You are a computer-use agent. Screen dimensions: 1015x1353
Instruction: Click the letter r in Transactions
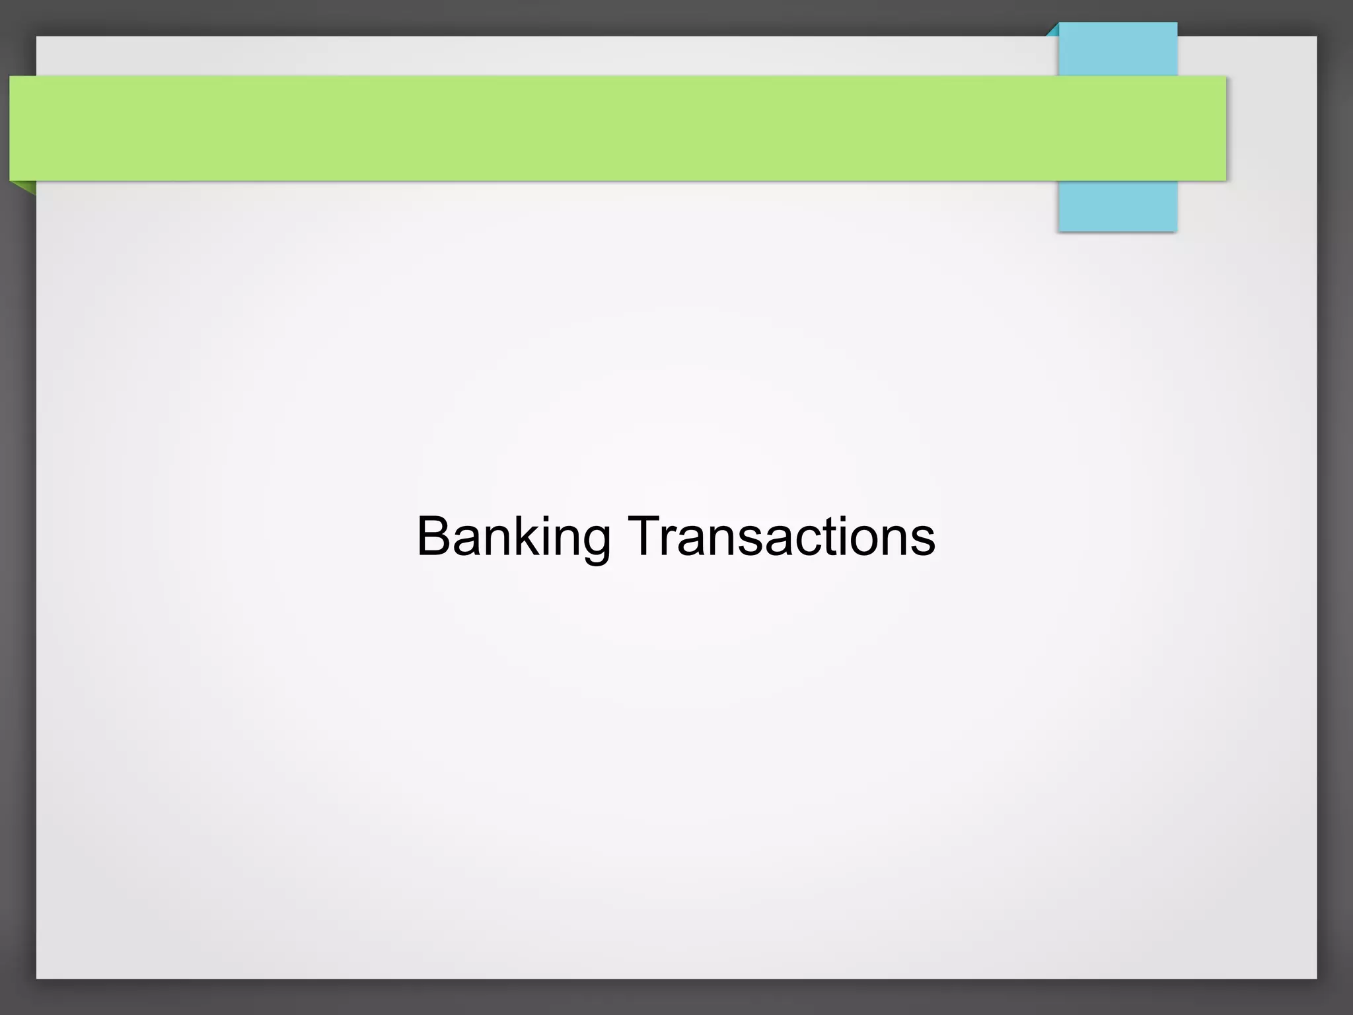pyautogui.click(x=672, y=541)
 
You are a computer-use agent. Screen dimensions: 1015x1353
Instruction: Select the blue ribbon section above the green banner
pyautogui.click(x=1118, y=50)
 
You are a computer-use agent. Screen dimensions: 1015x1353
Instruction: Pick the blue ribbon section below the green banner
pyautogui.click(x=1118, y=206)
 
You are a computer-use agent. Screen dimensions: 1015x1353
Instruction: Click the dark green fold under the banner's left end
pyautogui.click(x=26, y=187)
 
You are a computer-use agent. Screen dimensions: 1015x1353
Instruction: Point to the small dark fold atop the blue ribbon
pyautogui.click(x=1052, y=30)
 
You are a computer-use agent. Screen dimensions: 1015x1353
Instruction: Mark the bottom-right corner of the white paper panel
pyautogui.click(x=1315, y=977)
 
